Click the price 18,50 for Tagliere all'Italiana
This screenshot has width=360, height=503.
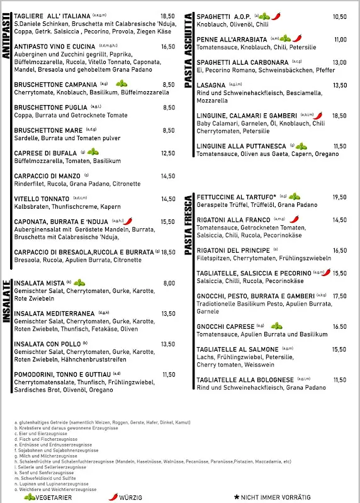coord(167,16)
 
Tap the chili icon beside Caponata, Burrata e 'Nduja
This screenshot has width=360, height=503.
coord(128,221)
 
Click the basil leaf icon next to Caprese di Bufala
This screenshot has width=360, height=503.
coord(93,152)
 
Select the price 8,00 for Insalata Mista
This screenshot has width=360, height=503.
coord(169,284)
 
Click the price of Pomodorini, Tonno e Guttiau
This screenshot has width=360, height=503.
coord(169,375)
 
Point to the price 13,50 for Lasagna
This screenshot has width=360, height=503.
coord(340,86)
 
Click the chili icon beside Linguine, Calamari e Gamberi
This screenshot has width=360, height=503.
coord(318,116)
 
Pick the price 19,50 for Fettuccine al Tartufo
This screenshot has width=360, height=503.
coord(340,197)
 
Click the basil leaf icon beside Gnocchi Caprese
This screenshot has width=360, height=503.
coord(276,326)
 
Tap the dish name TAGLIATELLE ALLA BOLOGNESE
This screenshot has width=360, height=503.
coord(245,380)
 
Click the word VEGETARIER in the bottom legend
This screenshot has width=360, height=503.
coord(53,497)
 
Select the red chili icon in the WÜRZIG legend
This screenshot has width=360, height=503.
coord(113,497)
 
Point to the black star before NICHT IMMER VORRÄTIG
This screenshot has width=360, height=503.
coord(237,497)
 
